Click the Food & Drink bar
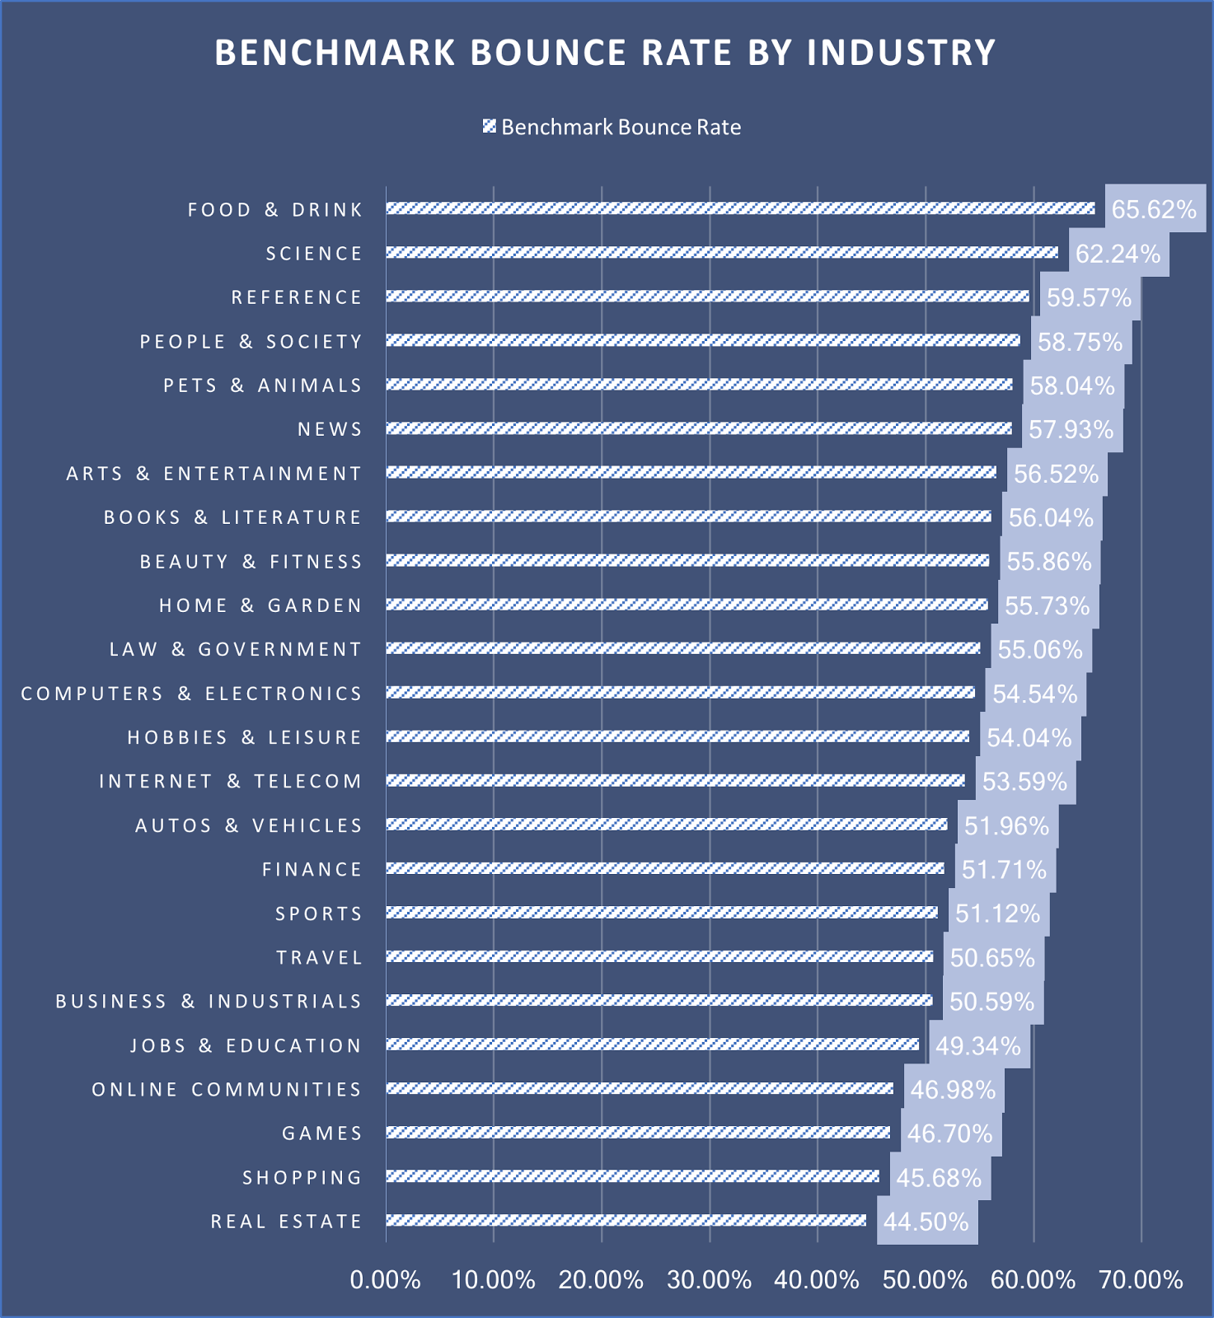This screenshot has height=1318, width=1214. click(740, 208)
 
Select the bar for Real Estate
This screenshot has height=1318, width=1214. click(626, 1220)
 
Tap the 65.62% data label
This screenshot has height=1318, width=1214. click(1154, 209)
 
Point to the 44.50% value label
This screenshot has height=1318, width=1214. click(926, 1222)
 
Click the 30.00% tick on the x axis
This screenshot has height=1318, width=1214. click(709, 1280)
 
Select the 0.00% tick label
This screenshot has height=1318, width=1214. click(385, 1280)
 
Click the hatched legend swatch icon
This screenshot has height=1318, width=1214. click(489, 126)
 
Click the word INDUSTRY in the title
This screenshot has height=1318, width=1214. click(901, 53)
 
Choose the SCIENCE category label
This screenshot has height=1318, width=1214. click(314, 254)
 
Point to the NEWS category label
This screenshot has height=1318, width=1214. click(330, 429)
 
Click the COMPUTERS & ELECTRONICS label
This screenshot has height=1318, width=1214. click(191, 694)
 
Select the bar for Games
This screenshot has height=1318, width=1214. click(638, 1133)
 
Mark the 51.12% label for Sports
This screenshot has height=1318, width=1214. click(997, 914)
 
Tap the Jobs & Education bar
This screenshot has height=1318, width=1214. click(652, 1045)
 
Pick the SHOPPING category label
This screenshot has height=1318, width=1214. click(302, 1178)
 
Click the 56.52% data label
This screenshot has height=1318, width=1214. click(1056, 474)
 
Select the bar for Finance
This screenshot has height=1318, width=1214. click(664, 868)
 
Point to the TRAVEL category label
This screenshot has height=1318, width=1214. click(320, 958)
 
